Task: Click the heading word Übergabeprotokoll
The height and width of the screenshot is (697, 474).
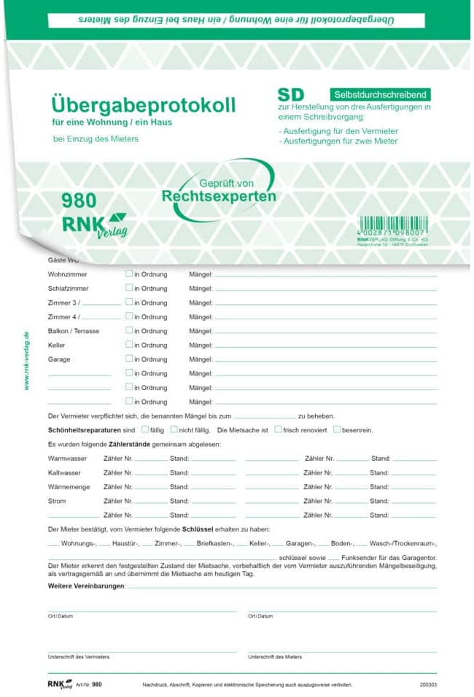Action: (144, 104)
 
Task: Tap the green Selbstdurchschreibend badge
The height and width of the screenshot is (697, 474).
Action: (379, 95)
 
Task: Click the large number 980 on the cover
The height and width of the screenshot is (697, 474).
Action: (79, 200)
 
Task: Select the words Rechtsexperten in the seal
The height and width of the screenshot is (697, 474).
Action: (219, 196)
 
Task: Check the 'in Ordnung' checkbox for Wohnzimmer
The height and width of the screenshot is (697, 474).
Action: (129, 274)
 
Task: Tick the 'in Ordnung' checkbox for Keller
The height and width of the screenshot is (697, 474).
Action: (129, 345)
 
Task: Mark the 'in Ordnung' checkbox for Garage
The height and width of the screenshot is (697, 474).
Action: (129, 359)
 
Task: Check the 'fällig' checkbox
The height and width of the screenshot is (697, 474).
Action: (145, 429)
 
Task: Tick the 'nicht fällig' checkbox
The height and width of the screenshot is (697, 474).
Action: (174, 429)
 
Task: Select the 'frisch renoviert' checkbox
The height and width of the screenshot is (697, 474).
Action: (278, 429)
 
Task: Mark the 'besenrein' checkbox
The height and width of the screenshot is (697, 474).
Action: (336, 429)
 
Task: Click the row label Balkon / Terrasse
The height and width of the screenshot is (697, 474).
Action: (74, 331)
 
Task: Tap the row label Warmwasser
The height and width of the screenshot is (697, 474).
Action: (67, 459)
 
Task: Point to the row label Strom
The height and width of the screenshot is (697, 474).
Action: (57, 501)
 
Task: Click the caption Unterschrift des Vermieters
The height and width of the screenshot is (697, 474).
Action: (79, 657)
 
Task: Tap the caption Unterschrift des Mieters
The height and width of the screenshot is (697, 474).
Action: (275, 657)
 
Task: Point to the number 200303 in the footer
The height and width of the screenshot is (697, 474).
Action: (428, 685)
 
